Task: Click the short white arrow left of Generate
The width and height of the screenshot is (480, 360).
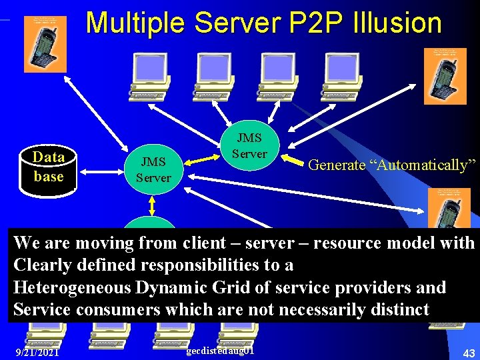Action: (x=291, y=160)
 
